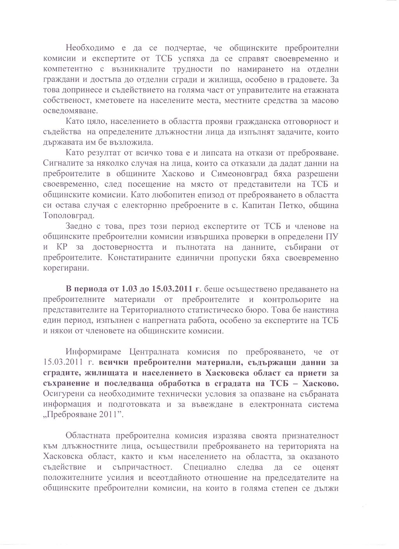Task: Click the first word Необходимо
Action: click(x=90, y=48)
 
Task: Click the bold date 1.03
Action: click(x=131, y=289)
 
